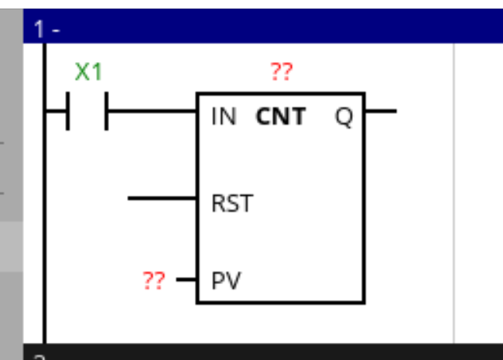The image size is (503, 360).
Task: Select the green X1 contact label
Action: [88, 73]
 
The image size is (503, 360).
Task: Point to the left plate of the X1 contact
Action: [68, 111]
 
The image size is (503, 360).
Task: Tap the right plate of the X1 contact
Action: [106, 111]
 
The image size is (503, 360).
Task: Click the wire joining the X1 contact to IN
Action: [151, 111]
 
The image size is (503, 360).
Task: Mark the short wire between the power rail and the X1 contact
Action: [56, 111]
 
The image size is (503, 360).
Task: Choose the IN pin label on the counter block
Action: [224, 118]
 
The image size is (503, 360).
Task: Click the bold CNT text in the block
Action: [281, 118]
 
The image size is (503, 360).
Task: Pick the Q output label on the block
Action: [344, 118]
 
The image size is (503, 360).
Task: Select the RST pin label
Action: [231, 204]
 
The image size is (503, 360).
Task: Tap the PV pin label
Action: [226, 279]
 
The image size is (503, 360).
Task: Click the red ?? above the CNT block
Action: [282, 73]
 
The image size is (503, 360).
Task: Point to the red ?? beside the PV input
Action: [154, 279]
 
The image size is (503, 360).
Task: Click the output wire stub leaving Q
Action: [380, 111]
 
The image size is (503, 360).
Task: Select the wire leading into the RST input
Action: [162, 198]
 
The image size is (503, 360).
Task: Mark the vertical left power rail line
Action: [44, 232]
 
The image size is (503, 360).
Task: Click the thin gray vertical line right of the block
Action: [453, 194]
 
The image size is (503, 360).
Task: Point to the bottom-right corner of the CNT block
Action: [364, 303]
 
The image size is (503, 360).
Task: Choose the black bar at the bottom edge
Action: [263, 353]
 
